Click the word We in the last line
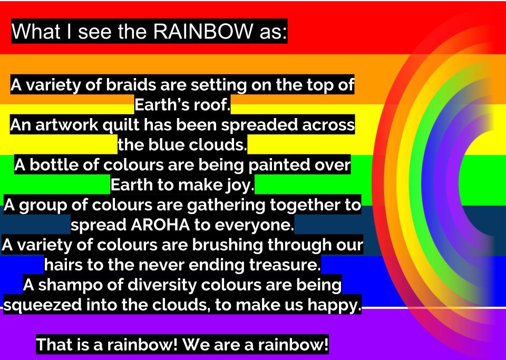tap(194, 346)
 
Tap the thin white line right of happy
tap(432, 307)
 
